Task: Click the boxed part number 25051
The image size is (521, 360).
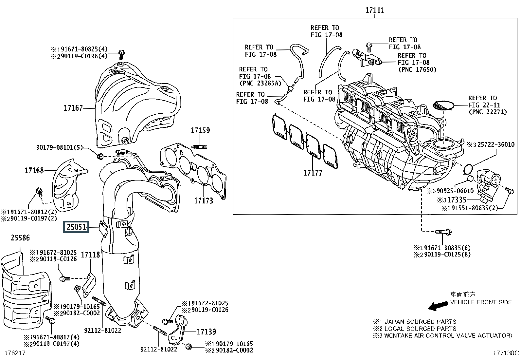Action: [x=77, y=227]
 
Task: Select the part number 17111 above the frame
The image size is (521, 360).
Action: [x=375, y=10]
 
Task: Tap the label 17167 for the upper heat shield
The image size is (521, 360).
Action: [x=73, y=108]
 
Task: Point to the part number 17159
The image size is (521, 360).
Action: [x=200, y=130]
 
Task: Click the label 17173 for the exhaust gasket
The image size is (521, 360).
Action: [x=204, y=200]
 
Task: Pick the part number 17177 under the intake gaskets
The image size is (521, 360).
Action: [x=313, y=173]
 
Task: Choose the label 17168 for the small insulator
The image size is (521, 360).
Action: [x=34, y=170]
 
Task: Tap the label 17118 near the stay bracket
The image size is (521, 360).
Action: [x=90, y=255]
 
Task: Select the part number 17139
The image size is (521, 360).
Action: [x=206, y=332]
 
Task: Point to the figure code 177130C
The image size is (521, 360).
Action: [x=506, y=353]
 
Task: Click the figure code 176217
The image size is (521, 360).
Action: [x=15, y=353]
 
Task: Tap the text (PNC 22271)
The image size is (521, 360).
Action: [x=488, y=112]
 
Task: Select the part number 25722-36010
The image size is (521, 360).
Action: [x=493, y=144]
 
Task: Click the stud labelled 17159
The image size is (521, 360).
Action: [x=200, y=146]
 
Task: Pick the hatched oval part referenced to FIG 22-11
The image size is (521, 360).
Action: [x=443, y=105]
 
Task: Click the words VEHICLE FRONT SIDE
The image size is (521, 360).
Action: [x=481, y=302]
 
